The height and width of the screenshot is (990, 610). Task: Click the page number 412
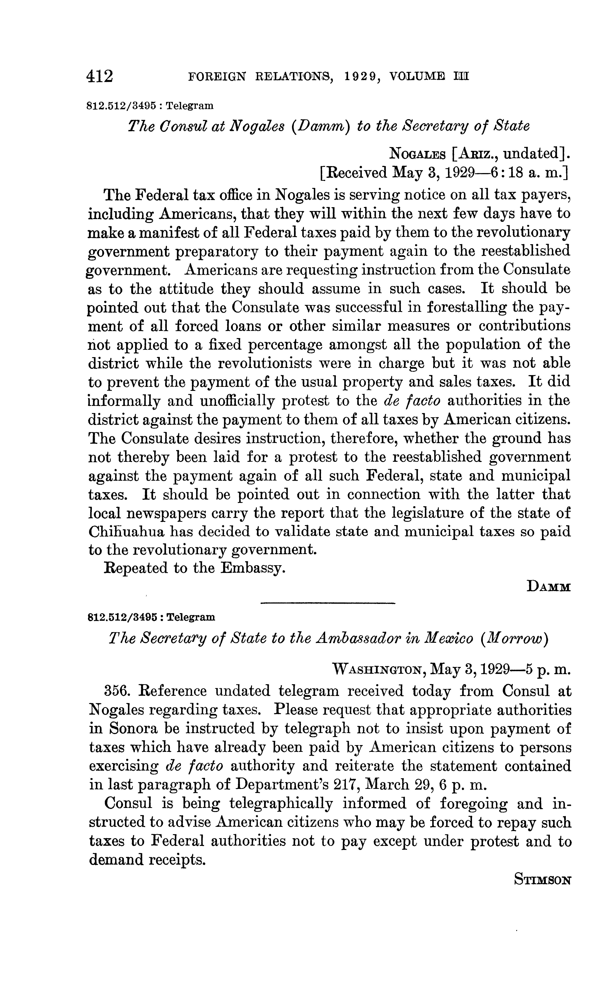100,76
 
